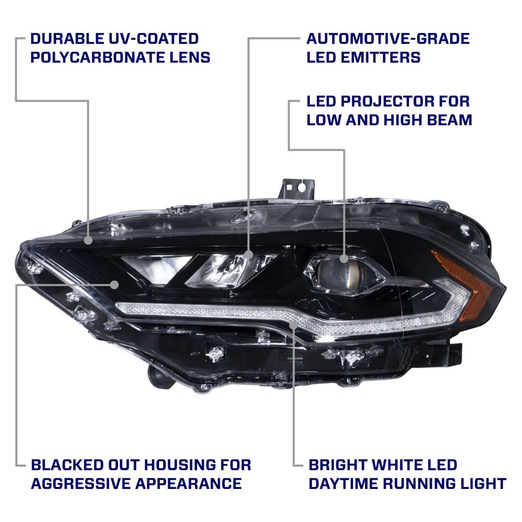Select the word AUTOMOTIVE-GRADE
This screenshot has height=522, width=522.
point(388,38)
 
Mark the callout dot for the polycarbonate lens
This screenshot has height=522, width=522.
point(89,240)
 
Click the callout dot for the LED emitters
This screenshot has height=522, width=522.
point(248,254)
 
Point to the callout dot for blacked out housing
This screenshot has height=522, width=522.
point(115,284)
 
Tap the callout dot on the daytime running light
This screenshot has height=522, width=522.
point(294,324)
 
